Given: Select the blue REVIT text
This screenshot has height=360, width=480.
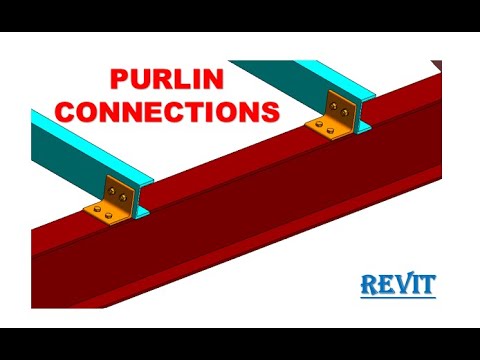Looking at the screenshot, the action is coord(398,284).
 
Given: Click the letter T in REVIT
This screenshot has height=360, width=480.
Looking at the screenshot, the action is coord(428,285).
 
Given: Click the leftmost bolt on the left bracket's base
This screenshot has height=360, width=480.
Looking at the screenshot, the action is coord(98,210).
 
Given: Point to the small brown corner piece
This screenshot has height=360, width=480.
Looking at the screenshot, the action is coord(439,64).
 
